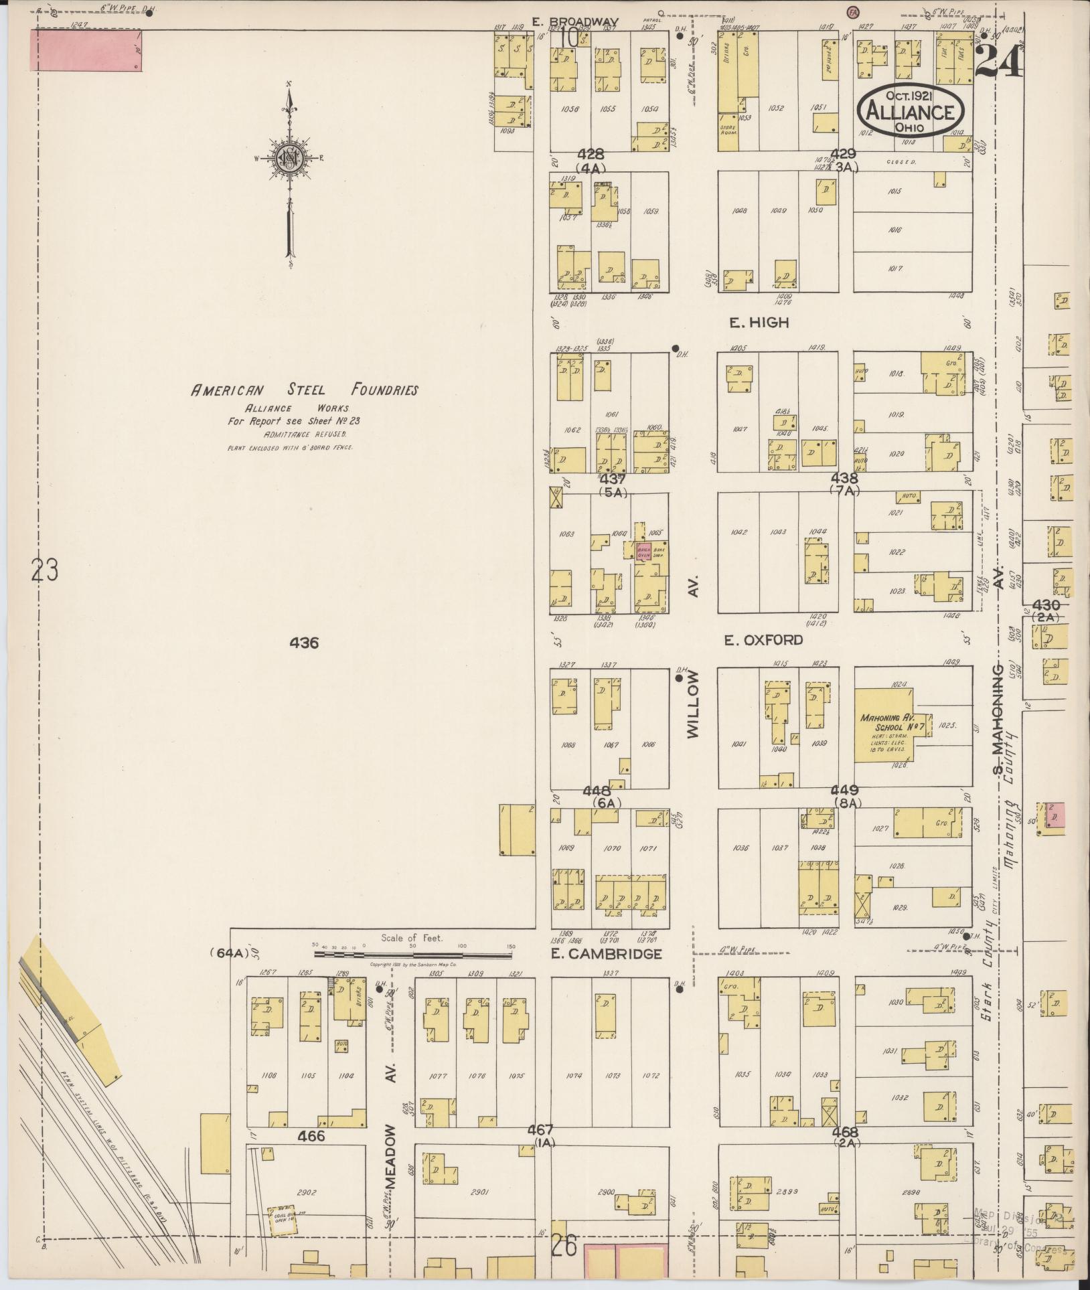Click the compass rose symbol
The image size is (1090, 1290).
pos(291,159)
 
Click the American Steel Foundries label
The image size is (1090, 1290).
pos(305,390)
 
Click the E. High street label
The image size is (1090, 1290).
pos(759,323)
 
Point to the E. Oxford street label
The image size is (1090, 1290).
pos(763,640)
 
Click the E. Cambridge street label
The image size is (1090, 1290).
pos(607,954)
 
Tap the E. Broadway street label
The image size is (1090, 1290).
pos(575,21)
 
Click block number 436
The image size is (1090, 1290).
pos(304,643)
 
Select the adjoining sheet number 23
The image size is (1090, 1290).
pos(44,571)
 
